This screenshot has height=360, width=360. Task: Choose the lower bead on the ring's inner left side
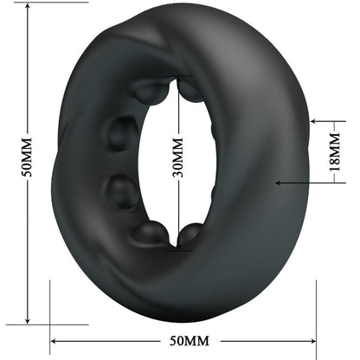(120, 188)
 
